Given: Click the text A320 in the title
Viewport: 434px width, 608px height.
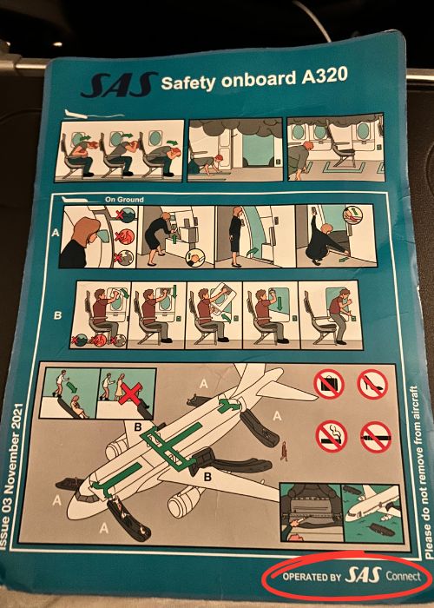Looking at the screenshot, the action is [x=325, y=76].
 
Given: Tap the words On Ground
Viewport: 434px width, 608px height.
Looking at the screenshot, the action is [x=124, y=200].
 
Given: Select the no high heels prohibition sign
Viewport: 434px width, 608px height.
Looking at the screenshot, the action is [x=372, y=384].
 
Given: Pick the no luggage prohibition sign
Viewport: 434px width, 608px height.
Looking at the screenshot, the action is [x=329, y=384].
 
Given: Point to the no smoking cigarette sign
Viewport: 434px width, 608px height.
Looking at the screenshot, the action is [x=332, y=436].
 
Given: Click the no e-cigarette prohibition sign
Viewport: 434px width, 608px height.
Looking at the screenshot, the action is [x=376, y=437].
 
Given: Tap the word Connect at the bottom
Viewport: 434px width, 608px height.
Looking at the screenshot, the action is [x=403, y=576].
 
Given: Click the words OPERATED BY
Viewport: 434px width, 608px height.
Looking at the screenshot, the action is [x=312, y=577].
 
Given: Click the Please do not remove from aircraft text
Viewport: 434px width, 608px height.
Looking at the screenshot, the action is [x=422, y=472].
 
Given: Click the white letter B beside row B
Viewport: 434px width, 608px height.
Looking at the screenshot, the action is [x=57, y=315].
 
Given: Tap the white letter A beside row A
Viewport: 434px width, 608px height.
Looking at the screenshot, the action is [x=56, y=233].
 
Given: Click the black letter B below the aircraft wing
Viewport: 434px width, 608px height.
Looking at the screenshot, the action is [x=207, y=477].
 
